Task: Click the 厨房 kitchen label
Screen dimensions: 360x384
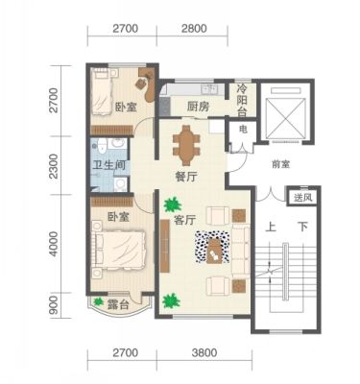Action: tap(198, 107)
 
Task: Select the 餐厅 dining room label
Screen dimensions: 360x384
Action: tap(185, 177)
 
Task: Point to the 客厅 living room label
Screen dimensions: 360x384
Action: tap(184, 221)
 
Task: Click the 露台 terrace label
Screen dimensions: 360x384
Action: tap(118, 304)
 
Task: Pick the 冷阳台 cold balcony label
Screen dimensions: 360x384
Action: tap(242, 101)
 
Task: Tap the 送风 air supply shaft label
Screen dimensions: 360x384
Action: tap(302, 198)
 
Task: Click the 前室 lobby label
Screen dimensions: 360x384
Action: tap(280, 165)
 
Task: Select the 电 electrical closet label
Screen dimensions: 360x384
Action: tap(243, 130)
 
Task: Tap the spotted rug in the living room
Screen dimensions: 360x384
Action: tap(212, 247)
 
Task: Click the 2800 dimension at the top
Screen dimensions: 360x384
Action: tap(194, 29)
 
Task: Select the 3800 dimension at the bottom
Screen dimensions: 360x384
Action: tap(204, 353)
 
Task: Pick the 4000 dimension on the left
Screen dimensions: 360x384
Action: tap(54, 244)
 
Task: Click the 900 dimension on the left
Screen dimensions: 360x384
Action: tap(54, 305)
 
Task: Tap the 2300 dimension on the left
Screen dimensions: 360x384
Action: tap(54, 166)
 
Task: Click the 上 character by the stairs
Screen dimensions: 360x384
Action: tap(271, 228)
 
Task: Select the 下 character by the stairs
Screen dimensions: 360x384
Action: tap(302, 228)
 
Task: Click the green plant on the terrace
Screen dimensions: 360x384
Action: tap(98, 301)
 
